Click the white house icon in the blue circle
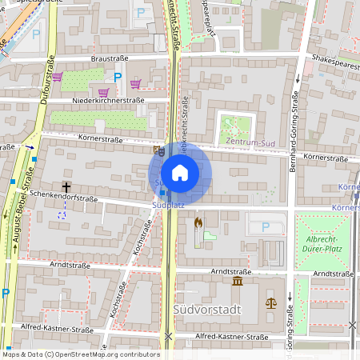coord(180,173)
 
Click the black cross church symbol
coord(66,186)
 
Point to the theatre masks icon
coord(158,149)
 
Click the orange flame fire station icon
coord(198,223)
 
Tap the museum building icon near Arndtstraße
coord(238,283)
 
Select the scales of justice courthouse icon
coord(270,303)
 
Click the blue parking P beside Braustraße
coord(118,78)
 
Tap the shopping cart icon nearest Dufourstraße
coord(58,78)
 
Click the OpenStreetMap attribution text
coord(70,354)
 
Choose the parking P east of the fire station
coord(266,227)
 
